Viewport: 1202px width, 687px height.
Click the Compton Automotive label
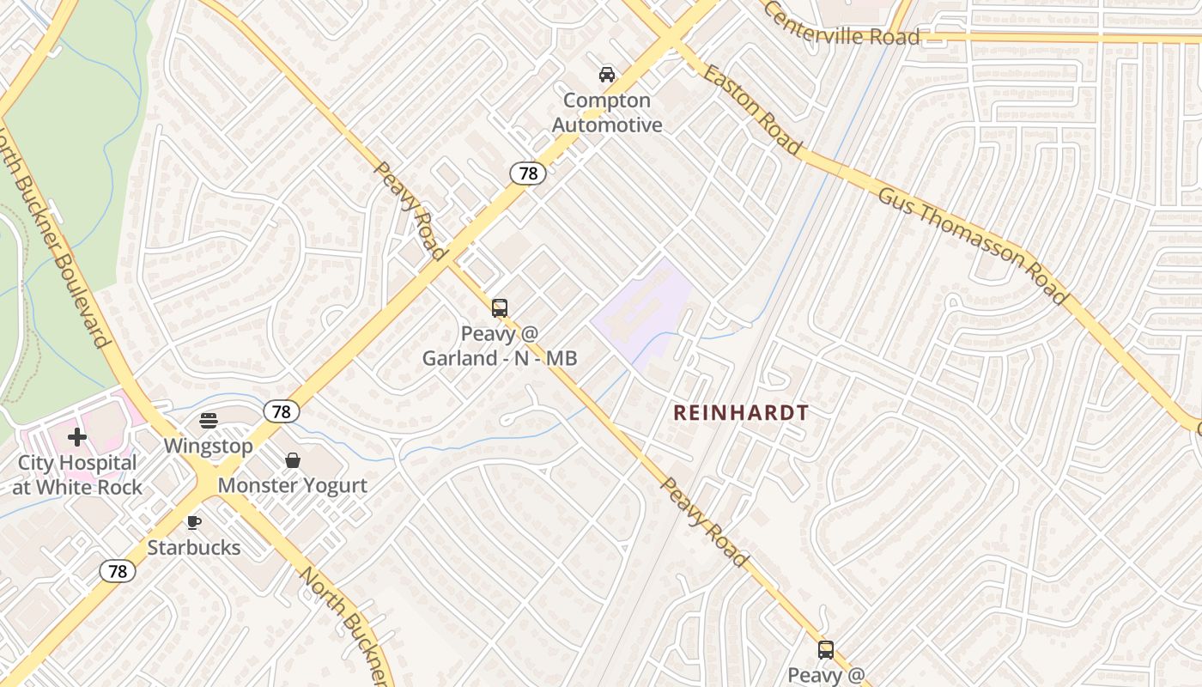[607, 112]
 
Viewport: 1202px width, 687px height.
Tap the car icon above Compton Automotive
[607, 75]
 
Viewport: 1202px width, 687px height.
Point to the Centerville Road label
[841, 24]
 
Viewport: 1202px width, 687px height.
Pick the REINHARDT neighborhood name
[741, 413]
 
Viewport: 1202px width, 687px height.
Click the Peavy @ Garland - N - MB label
[499, 345]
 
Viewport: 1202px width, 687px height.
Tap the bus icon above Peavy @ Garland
[499, 307]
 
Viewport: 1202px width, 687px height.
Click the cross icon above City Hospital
[77, 437]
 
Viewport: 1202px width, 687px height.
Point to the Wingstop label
[209, 447]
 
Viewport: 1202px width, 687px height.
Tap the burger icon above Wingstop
[209, 420]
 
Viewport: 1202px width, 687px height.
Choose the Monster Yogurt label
[293, 485]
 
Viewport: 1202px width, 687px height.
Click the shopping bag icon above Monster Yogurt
[293, 460]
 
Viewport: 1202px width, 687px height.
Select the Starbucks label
[194, 547]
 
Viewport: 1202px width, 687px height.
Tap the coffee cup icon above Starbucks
[194, 522]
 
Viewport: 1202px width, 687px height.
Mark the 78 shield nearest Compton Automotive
[528, 173]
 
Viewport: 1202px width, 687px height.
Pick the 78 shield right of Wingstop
[282, 411]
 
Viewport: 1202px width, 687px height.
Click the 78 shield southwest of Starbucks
[118, 571]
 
